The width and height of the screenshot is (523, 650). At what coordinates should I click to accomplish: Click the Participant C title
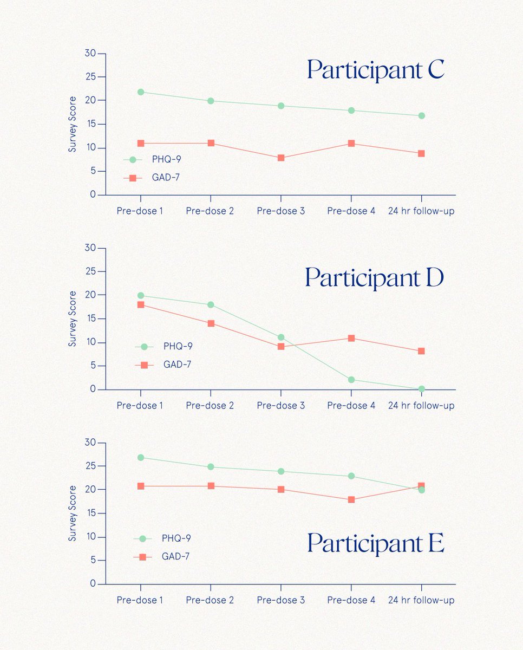[375, 70]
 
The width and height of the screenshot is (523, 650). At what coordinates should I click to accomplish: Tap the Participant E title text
[375, 543]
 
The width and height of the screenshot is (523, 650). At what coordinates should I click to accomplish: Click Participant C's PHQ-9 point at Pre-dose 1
[141, 92]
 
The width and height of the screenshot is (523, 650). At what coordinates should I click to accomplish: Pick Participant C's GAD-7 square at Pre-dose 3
[281, 158]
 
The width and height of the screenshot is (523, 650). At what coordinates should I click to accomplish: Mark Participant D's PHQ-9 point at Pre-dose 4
[351, 380]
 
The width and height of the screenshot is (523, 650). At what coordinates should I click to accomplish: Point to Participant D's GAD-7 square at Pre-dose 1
[141, 304]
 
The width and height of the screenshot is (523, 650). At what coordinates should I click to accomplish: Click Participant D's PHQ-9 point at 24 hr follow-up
[421, 389]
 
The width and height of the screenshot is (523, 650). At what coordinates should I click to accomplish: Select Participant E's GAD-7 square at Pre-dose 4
[351, 499]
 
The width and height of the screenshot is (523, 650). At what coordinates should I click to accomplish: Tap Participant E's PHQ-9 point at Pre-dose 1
[141, 458]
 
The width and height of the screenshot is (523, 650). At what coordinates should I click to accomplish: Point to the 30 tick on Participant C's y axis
[90, 54]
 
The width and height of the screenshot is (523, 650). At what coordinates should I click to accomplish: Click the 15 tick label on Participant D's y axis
[90, 318]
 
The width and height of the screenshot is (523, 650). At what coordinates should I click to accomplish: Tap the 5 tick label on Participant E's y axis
[93, 561]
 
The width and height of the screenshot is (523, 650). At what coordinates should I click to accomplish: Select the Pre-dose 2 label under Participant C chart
[210, 211]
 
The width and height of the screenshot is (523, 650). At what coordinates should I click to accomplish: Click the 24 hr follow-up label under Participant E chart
[421, 600]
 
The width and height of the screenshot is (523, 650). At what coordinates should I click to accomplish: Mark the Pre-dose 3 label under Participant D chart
[280, 405]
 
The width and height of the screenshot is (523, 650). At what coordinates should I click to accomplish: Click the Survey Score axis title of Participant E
[73, 513]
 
